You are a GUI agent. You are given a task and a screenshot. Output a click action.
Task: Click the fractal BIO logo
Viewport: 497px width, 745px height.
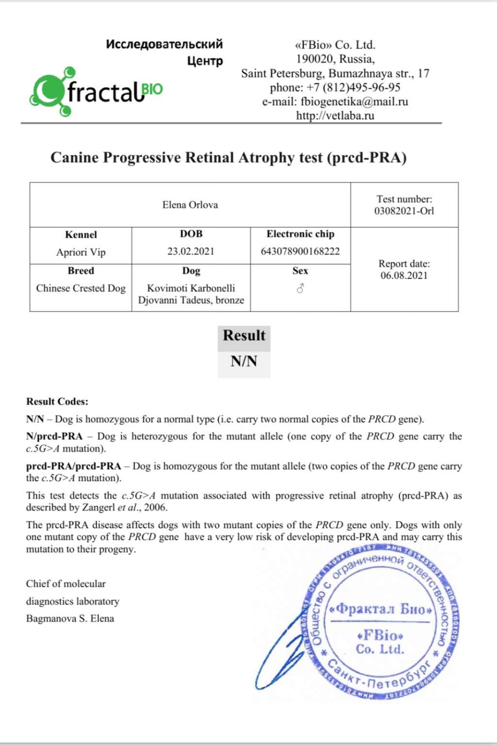[x=96, y=92]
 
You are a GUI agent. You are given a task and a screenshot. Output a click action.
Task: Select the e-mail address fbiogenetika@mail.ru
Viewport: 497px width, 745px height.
[x=354, y=102]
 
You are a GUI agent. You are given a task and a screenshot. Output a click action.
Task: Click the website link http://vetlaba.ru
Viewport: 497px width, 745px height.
[x=335, y=116]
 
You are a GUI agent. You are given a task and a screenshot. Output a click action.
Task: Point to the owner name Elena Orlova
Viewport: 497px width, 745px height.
[x=190, y=205]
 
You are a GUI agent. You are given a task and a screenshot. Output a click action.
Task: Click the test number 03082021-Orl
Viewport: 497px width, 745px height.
[x=404, y=211]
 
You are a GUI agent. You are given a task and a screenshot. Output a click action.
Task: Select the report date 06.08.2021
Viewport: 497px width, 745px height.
[x=404, y=275]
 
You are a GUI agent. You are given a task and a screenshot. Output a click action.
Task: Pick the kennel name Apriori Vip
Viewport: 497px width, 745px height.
[x=81, y=252]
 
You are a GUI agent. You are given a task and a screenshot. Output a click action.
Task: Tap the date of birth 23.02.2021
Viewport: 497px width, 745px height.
[x=191, y=251]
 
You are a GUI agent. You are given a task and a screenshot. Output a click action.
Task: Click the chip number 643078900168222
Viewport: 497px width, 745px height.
[x=300, y=251]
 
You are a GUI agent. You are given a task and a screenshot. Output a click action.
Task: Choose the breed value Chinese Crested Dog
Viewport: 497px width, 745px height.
[x=81, y=288]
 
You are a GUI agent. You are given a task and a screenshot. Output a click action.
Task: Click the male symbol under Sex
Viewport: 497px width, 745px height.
[x=300, y=289]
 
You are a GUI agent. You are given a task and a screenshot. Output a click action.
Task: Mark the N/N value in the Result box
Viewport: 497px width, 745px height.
[x=244, y=361]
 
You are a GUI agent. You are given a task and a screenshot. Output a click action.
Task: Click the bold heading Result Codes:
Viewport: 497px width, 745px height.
[x=57, y=402]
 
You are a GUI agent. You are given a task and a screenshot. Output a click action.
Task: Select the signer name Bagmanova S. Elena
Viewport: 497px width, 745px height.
[x=70, y=619]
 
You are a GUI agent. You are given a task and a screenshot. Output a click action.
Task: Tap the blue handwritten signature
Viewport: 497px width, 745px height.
[x=282, y=650]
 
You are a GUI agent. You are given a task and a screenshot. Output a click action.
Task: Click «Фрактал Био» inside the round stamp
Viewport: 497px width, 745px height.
[x=381, y=609]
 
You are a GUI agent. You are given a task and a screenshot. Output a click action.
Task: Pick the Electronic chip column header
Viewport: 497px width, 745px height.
[x=300, y=234]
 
